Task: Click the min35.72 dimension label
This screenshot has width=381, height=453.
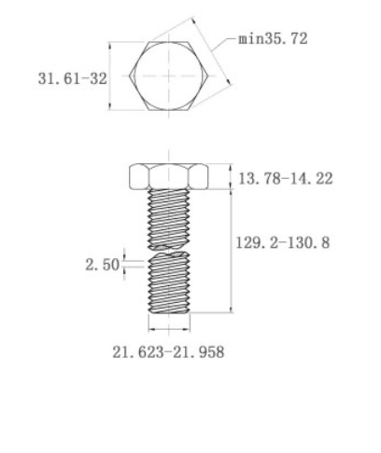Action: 273,39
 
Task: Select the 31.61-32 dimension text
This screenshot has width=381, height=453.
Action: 72,78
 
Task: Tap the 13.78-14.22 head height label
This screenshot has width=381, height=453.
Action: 286,179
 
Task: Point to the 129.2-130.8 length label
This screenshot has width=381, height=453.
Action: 283,242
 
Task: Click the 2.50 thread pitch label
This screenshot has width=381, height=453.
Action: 103,265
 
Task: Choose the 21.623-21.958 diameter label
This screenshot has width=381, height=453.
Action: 168,352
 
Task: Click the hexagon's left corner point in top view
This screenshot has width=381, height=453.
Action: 130,75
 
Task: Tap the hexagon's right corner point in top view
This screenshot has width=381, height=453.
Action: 207,75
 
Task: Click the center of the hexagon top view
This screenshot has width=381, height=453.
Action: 168,75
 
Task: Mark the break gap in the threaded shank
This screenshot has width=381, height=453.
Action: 169,251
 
